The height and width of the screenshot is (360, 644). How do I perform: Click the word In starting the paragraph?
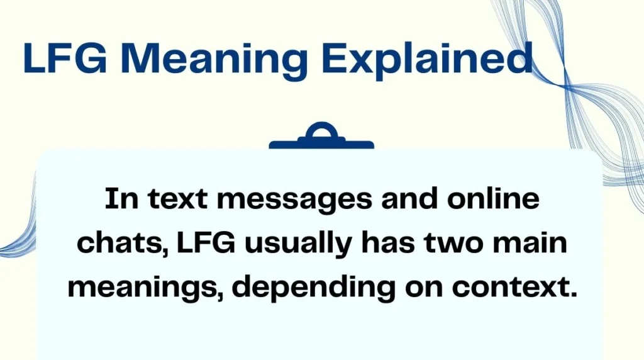(x=119, y=200)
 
